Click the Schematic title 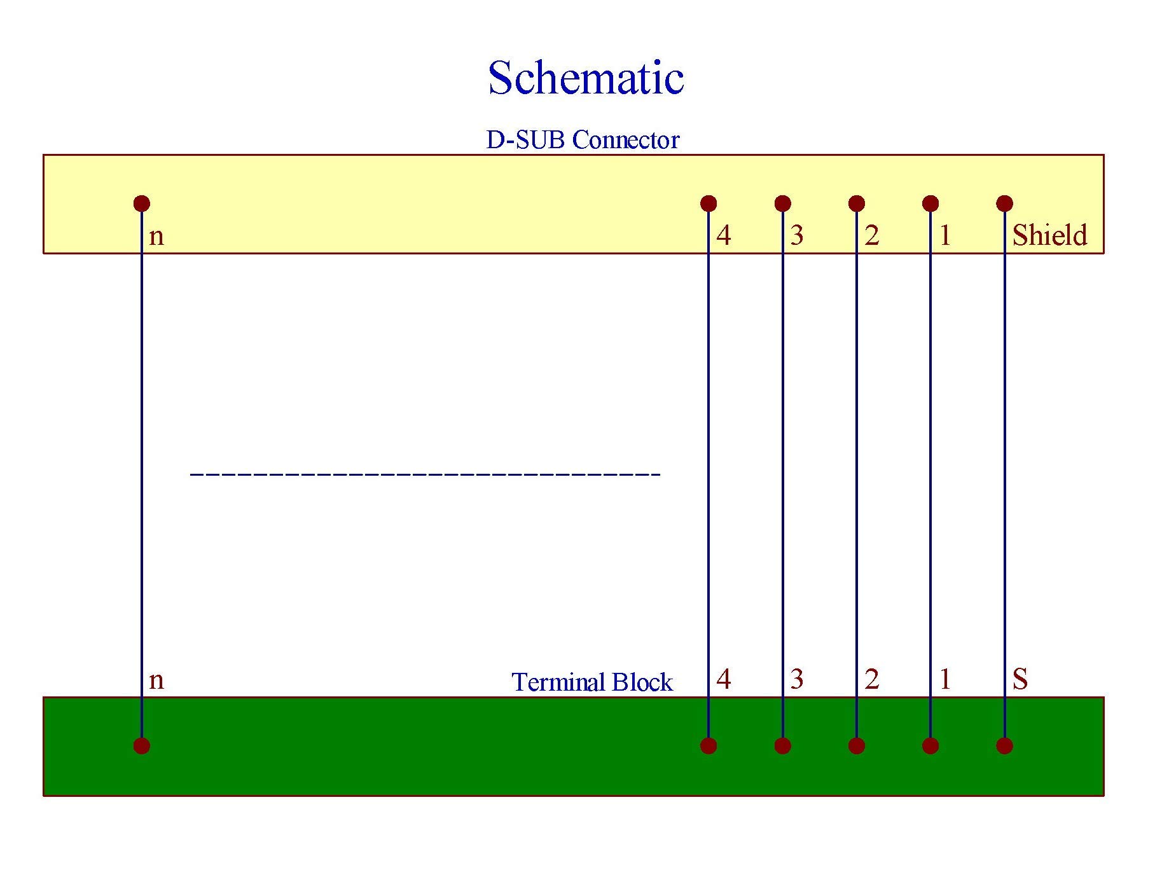(x=586, y=78)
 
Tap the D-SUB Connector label (x=583, y=140)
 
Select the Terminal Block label (x=591, y=682)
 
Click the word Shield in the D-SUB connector (x=1049, y=235)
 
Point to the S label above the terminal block (x=1020, y=680)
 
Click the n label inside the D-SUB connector (x=156, y=237)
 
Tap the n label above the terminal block (x=156, y=681)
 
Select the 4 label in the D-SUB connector (x=724, y=235)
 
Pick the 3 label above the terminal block (x=797, y=680)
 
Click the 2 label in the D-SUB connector (x=872, y=235)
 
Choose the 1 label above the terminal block (x=945, y=680)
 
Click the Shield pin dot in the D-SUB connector (x=1004, y=204)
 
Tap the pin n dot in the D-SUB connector (x=142, y=204)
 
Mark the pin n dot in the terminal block (x=142, y=745)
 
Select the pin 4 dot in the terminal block (x=709, y=745)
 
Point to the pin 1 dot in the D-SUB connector (x=930, y=204)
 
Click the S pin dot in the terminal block (x=1004, y=745)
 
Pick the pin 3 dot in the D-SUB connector (x=783, y=204)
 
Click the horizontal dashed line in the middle (x=425, y=474)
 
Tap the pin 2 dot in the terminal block (x=857, y=745)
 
